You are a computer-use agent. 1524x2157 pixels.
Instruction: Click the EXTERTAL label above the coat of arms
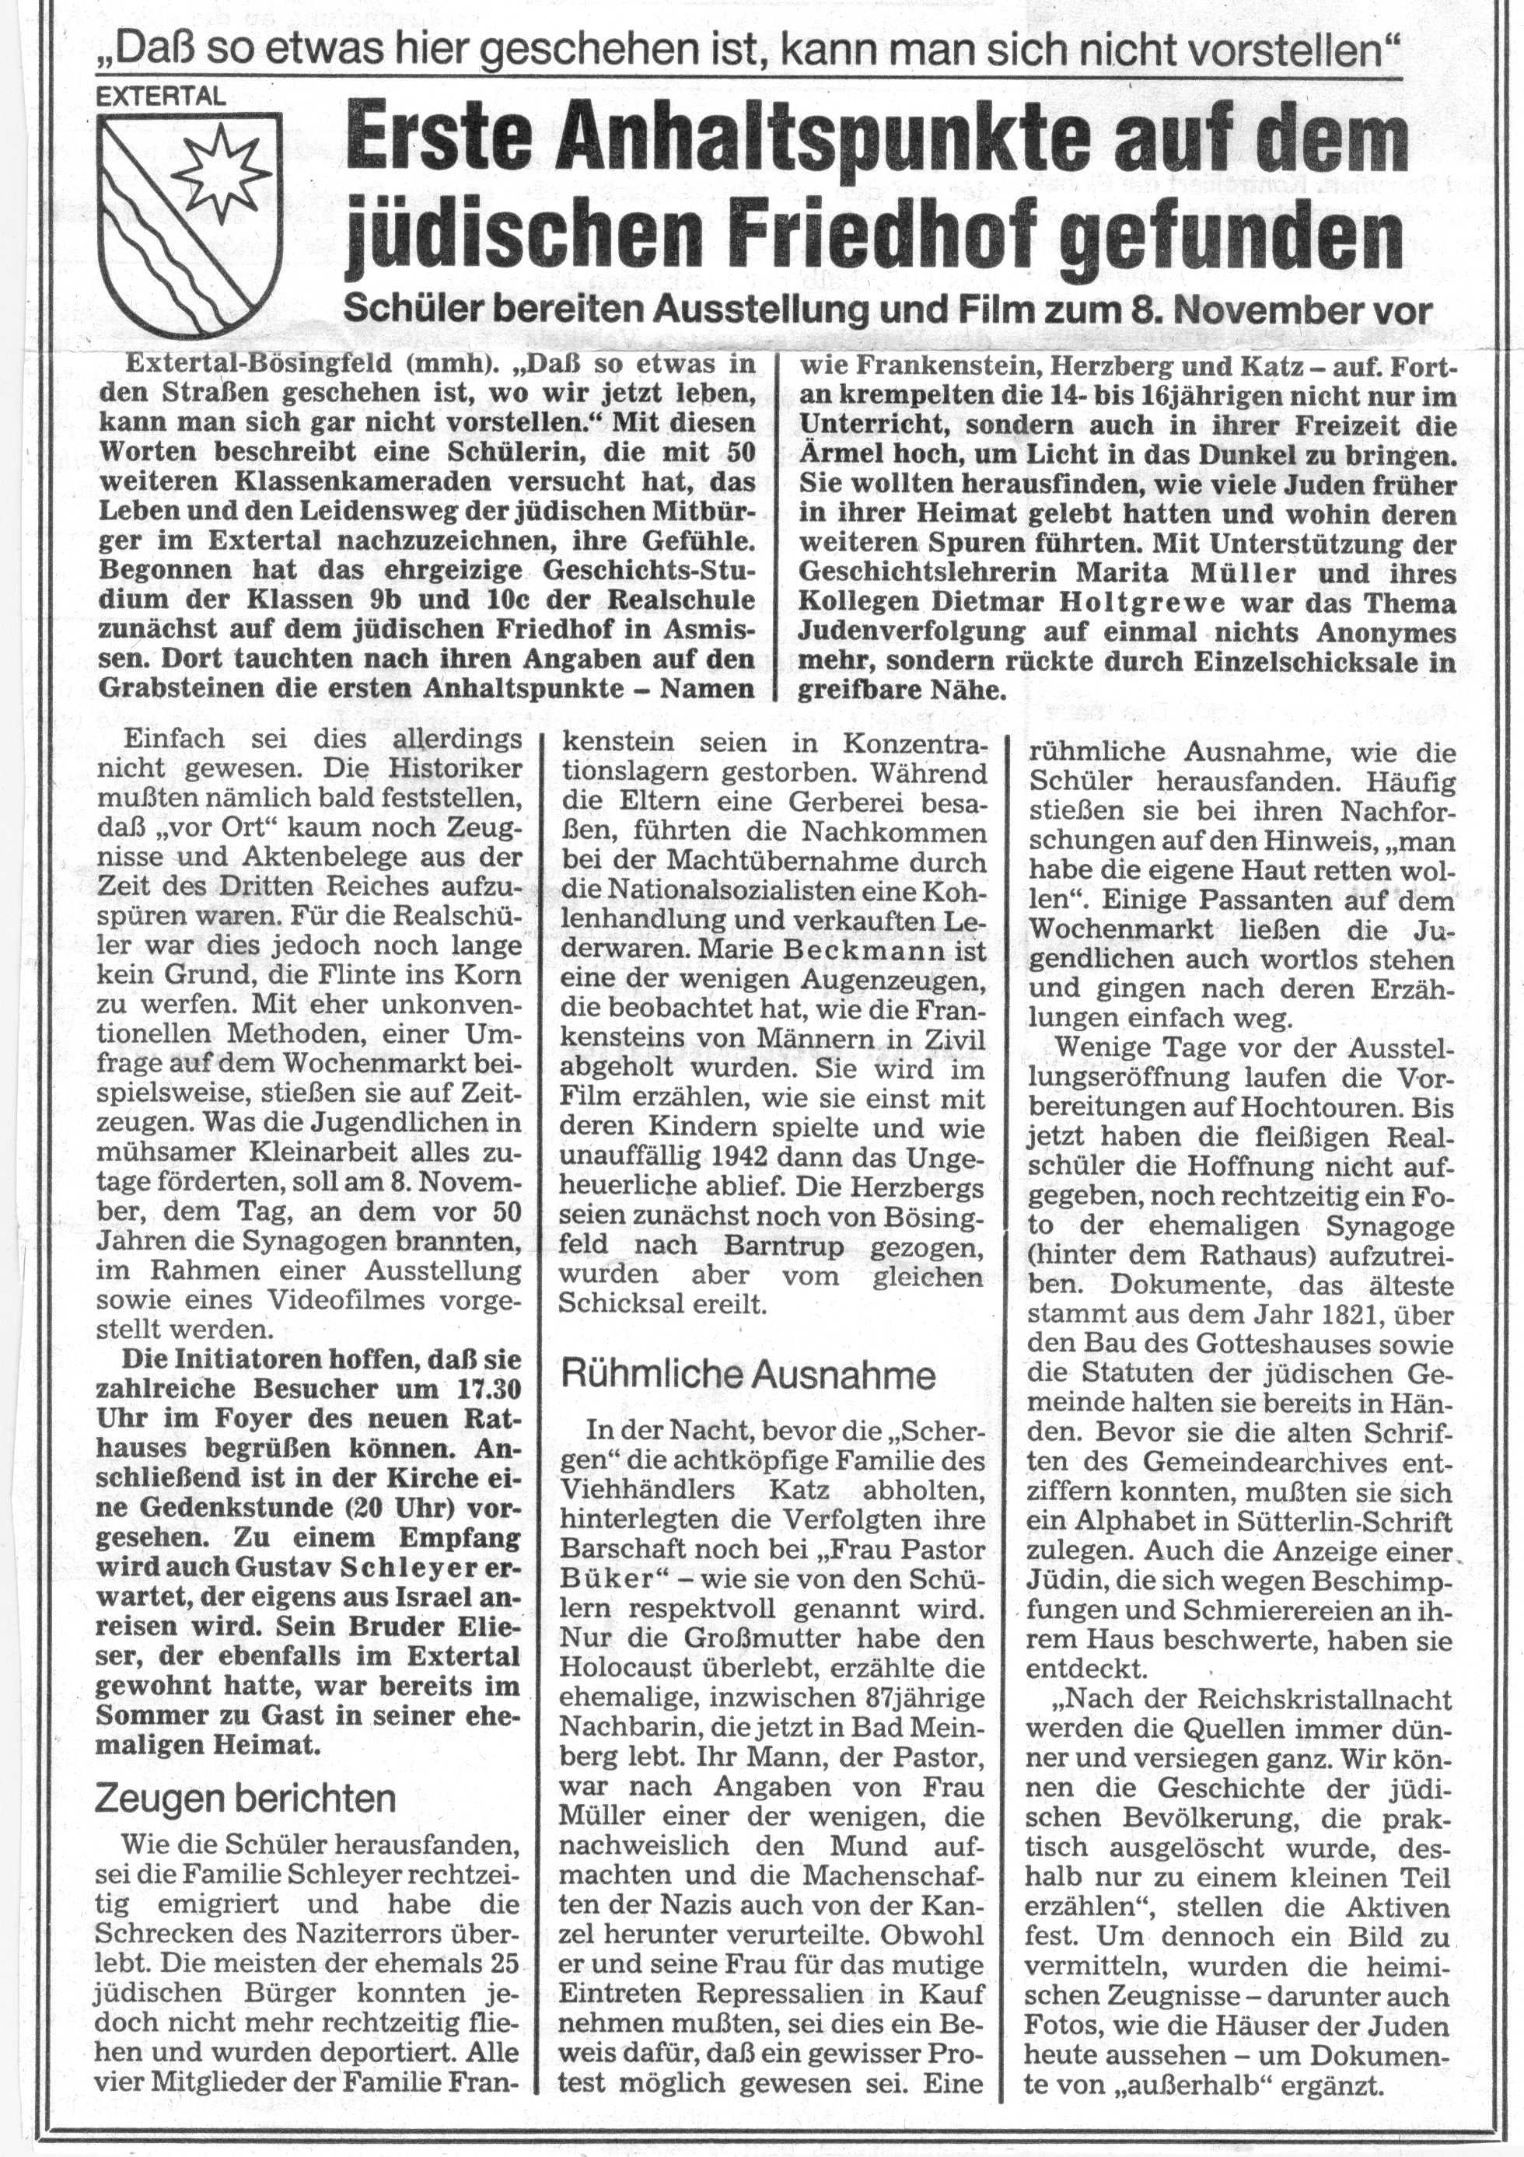[162, 95]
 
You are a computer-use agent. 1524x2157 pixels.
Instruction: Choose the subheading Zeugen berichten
[246, 1800]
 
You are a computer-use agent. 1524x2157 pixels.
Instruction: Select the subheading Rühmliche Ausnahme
[748, 1376]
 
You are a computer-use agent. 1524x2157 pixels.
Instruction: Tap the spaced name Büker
[612, 1576]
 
